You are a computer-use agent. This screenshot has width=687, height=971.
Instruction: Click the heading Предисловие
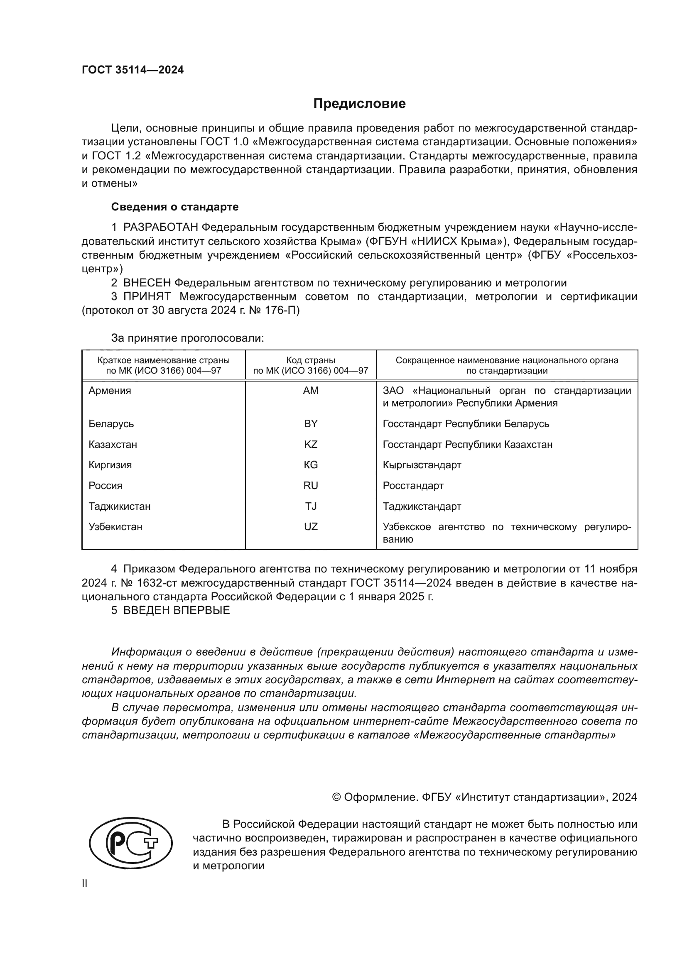359,104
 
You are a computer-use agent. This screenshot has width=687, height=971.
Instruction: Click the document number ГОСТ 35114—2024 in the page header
132,70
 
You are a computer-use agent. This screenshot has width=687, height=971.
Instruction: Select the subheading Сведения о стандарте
175,207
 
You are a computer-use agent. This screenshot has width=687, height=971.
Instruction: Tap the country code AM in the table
311,391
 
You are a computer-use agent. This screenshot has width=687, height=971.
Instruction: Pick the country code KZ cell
311,445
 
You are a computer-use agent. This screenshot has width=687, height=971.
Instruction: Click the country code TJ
311,506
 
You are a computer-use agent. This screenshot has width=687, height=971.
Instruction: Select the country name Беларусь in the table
111,424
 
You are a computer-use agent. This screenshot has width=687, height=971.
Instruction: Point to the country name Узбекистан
115,527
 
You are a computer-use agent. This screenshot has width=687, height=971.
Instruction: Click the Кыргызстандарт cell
422,465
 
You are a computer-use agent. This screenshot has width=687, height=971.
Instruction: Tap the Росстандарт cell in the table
413,486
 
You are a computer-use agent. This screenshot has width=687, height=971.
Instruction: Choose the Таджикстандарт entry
422,506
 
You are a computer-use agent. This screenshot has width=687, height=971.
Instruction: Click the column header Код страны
311,360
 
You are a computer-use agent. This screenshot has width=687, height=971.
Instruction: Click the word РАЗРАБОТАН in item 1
161,227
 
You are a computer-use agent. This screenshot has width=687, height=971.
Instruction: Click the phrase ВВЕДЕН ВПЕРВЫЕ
177,610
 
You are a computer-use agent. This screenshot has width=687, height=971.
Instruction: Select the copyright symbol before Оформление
337,797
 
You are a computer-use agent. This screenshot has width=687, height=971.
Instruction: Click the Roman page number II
85,883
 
